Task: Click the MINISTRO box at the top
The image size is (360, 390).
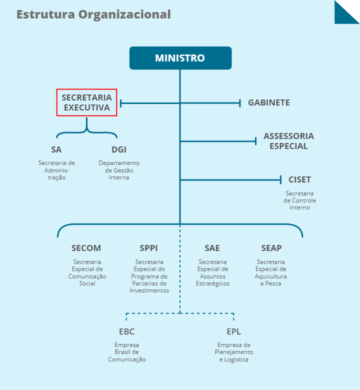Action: pos(180,58)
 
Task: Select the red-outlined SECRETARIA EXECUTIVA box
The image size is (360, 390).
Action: pos(86,102)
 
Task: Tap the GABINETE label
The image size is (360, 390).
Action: pos(269,103)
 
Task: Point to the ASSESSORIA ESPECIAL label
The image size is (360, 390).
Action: pos(288,141)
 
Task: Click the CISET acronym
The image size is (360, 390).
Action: pos(299,179)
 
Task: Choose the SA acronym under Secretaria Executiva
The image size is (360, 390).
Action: pos(56,149)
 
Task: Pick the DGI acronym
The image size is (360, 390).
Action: pos(119,149)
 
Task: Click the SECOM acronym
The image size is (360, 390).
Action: pos(86,248)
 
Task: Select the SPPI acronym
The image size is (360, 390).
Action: pos(149,248)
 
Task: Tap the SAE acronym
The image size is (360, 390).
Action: pos(212,248)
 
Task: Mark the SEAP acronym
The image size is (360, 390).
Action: pos(271,248)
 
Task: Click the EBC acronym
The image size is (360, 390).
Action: pos(126,331)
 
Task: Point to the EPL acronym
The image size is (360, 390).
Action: pos(233,331)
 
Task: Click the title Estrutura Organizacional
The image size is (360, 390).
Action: pos(93,14)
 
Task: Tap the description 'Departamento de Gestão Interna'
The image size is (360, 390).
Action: pos(119,170)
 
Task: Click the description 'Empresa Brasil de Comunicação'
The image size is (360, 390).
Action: pos(126,352)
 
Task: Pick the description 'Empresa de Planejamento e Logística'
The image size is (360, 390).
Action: pos(233,352)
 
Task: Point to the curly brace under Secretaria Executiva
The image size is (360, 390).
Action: pos(86,129)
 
